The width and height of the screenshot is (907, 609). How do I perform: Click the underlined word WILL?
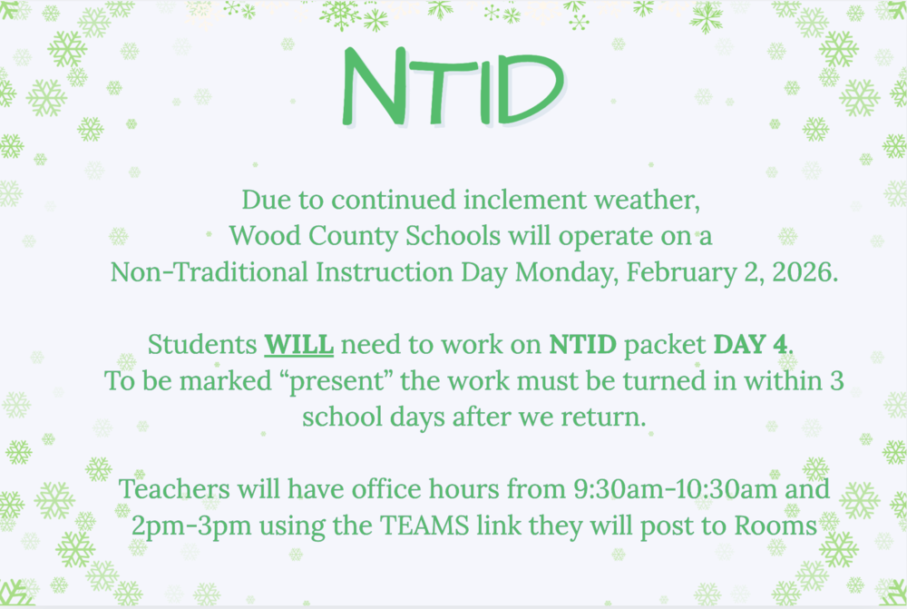coord(299,345)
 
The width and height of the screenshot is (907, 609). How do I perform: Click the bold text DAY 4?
coord(752,345)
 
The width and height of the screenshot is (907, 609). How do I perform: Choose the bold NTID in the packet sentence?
coord(583,345)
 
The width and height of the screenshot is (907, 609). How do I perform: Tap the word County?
coord(352,236)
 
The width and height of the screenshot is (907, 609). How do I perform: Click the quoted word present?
coord(345,381)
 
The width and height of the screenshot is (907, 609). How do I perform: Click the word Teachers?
coord(174,490)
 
